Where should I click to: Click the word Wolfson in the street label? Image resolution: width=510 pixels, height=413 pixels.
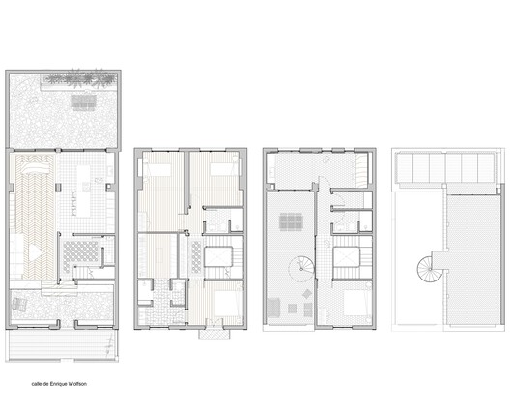tap(77, 384)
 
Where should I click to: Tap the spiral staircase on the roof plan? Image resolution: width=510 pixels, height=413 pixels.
tap(425, 269)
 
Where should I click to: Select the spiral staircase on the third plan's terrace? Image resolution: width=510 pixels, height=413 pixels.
tap(301, 268)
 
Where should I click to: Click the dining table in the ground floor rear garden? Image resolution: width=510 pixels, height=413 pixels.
tap(84, 103)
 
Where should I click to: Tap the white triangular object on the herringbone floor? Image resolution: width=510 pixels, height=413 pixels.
tap(35, 252)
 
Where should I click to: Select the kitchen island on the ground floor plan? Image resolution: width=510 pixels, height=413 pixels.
tap(83, 191)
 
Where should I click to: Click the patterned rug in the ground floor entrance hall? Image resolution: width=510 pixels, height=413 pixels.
tap(80, 254)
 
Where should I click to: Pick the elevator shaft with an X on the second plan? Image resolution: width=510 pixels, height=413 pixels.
tap(218, 257)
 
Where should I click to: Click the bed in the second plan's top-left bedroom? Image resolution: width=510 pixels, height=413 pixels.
tap(157, 170)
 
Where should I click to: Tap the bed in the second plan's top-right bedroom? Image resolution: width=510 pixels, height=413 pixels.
tap(223, 169)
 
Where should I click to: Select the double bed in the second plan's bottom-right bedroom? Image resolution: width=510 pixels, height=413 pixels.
tap(229, 304)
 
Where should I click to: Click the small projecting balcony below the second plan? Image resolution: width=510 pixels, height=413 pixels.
tap(214, 334)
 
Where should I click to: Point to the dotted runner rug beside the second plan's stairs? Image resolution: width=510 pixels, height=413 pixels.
tap(196, 256)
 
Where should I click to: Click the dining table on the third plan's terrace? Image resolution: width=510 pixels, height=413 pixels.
tap(291, 221)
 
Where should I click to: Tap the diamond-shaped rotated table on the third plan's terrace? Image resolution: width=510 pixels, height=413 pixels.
tap(307, 294)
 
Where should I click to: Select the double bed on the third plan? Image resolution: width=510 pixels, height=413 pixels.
tap(357, 303)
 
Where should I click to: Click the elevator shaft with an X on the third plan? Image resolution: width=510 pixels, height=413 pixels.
tap(347, 257)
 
